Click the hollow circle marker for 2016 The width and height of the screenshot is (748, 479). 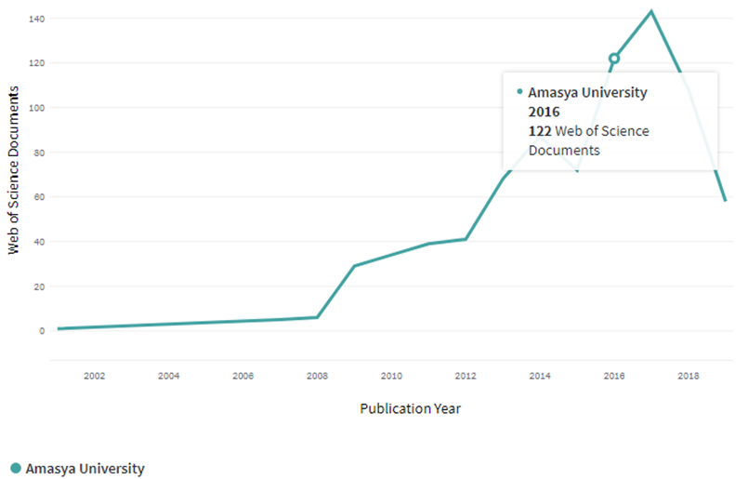click(614, 59)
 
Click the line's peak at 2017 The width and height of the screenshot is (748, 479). click(651, 11)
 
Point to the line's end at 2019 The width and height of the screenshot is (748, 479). click(725, 200)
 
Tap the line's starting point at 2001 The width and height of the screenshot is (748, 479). click(58, 328)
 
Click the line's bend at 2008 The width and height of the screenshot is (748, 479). click(317, 317)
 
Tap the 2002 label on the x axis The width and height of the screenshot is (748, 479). click(94, 376)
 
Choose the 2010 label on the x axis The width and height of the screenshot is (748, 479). click(391, 376)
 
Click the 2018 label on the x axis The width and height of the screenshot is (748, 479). click(689, 376)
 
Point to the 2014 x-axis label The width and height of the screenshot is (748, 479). click(540, 376)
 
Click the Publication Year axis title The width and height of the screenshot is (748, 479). click(410, 408)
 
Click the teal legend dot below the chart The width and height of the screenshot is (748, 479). click(15, 468)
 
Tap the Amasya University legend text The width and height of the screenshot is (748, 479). click(85, 468)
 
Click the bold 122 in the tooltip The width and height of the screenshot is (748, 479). click(540, 131)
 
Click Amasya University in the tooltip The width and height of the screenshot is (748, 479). click(587, 92)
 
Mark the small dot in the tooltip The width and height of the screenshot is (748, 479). click(519, 91)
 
